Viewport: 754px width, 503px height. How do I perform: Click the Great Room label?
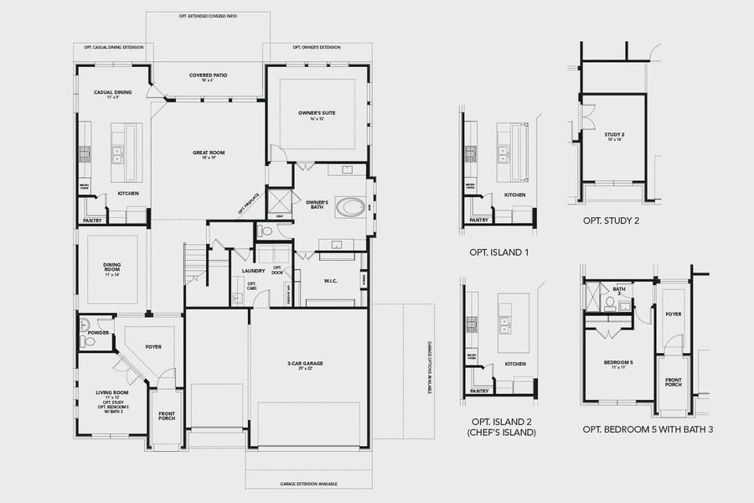(208, 153)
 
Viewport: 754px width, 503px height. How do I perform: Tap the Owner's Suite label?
(317, 112)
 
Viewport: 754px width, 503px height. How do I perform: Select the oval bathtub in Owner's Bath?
(350, 206)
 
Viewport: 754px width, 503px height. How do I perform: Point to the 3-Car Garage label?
(305, 364)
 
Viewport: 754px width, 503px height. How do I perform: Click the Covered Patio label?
(207, 75)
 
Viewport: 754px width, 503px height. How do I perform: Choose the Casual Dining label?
(112, 91)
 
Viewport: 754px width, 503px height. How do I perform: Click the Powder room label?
(98, 333)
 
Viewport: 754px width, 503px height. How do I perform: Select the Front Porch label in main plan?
(167, 416)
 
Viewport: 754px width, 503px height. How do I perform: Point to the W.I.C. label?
(330, 281)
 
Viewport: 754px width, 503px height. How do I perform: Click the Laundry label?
(254, 271)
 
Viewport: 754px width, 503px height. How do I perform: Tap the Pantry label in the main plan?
(92, 220)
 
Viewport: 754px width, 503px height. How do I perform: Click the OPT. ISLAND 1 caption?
(499, 251)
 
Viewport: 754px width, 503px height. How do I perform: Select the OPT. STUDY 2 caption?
(612, 221)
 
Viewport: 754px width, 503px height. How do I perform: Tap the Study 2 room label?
(614, 134)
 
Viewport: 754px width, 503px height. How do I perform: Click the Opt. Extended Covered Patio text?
(208, 15)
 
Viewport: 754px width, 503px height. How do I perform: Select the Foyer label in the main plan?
(153, 346)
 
